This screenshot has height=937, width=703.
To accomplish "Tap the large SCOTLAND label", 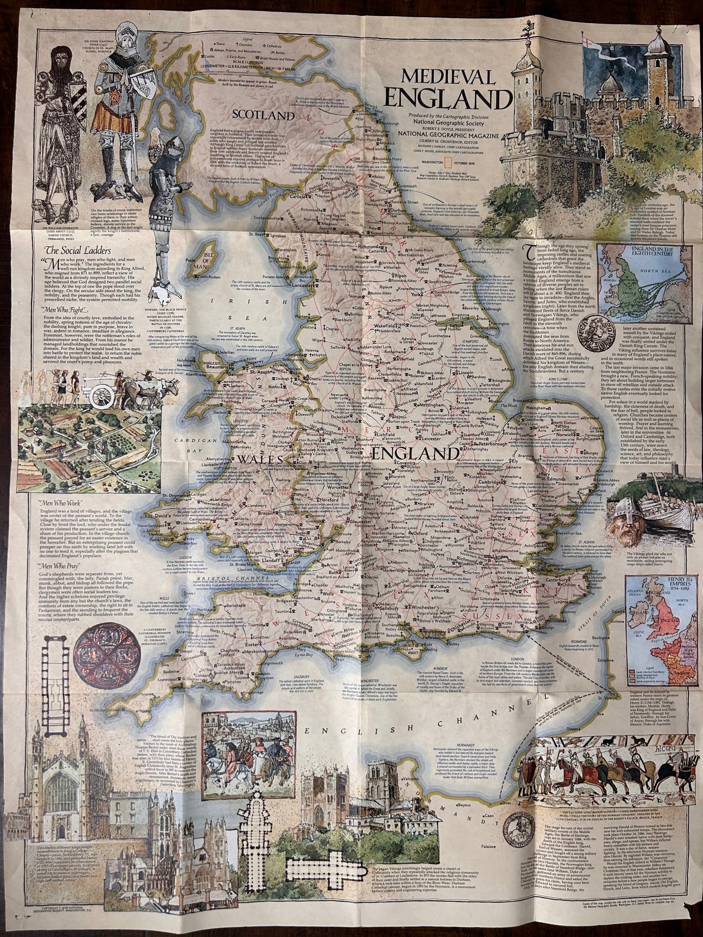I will click(x=264, y=116).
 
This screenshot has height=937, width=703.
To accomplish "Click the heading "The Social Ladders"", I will click(x=78, y=251).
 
